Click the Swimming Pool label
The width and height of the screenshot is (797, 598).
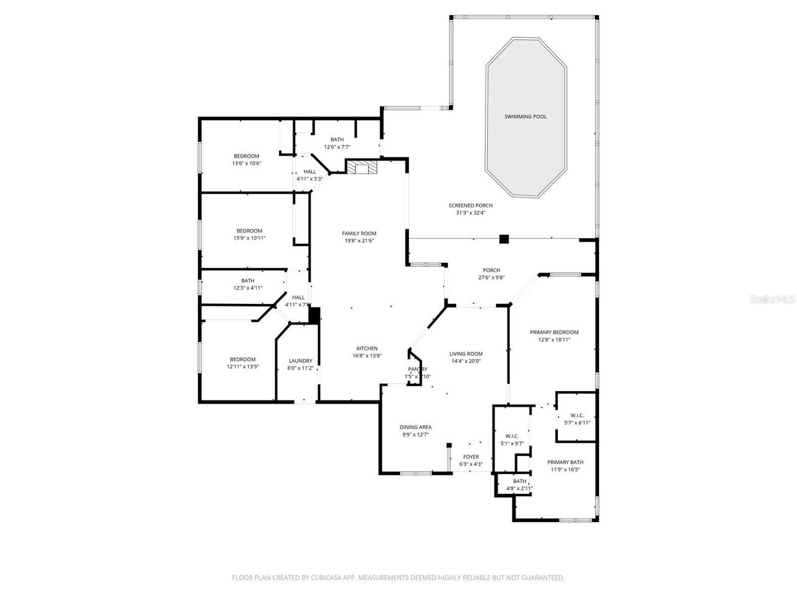[x=526, y=116]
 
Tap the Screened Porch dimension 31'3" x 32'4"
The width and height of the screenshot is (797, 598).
[x=470, y=213]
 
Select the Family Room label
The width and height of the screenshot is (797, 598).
[x=360, y=234]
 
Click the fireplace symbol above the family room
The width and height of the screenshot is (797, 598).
[x=362, y=168]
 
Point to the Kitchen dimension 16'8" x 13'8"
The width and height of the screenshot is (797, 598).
[x=367, y=356]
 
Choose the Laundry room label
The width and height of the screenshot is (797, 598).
[x=300, y=361]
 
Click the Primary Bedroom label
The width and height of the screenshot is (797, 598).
[x=554, y=332]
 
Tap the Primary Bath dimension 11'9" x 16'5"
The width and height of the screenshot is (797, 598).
[x=565, y=470]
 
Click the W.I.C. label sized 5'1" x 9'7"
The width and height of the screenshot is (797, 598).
[x=512, y=436]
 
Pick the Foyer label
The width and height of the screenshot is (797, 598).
[x=471, y=457]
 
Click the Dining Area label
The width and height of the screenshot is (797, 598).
[x=415, y=427]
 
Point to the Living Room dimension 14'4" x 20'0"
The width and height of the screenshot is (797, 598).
[x=466, y=361]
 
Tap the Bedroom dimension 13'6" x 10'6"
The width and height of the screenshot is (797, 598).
[x=246, y=163]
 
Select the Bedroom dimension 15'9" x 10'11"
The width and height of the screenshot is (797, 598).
[x=249, y=238]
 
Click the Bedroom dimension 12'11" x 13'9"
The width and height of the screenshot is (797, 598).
[x=242, y=367]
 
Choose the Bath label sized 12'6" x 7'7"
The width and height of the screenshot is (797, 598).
[x=337, y=140]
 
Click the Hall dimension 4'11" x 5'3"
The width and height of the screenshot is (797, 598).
[x=309, y=179]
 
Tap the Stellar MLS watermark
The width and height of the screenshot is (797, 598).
[x=772, y=299]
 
